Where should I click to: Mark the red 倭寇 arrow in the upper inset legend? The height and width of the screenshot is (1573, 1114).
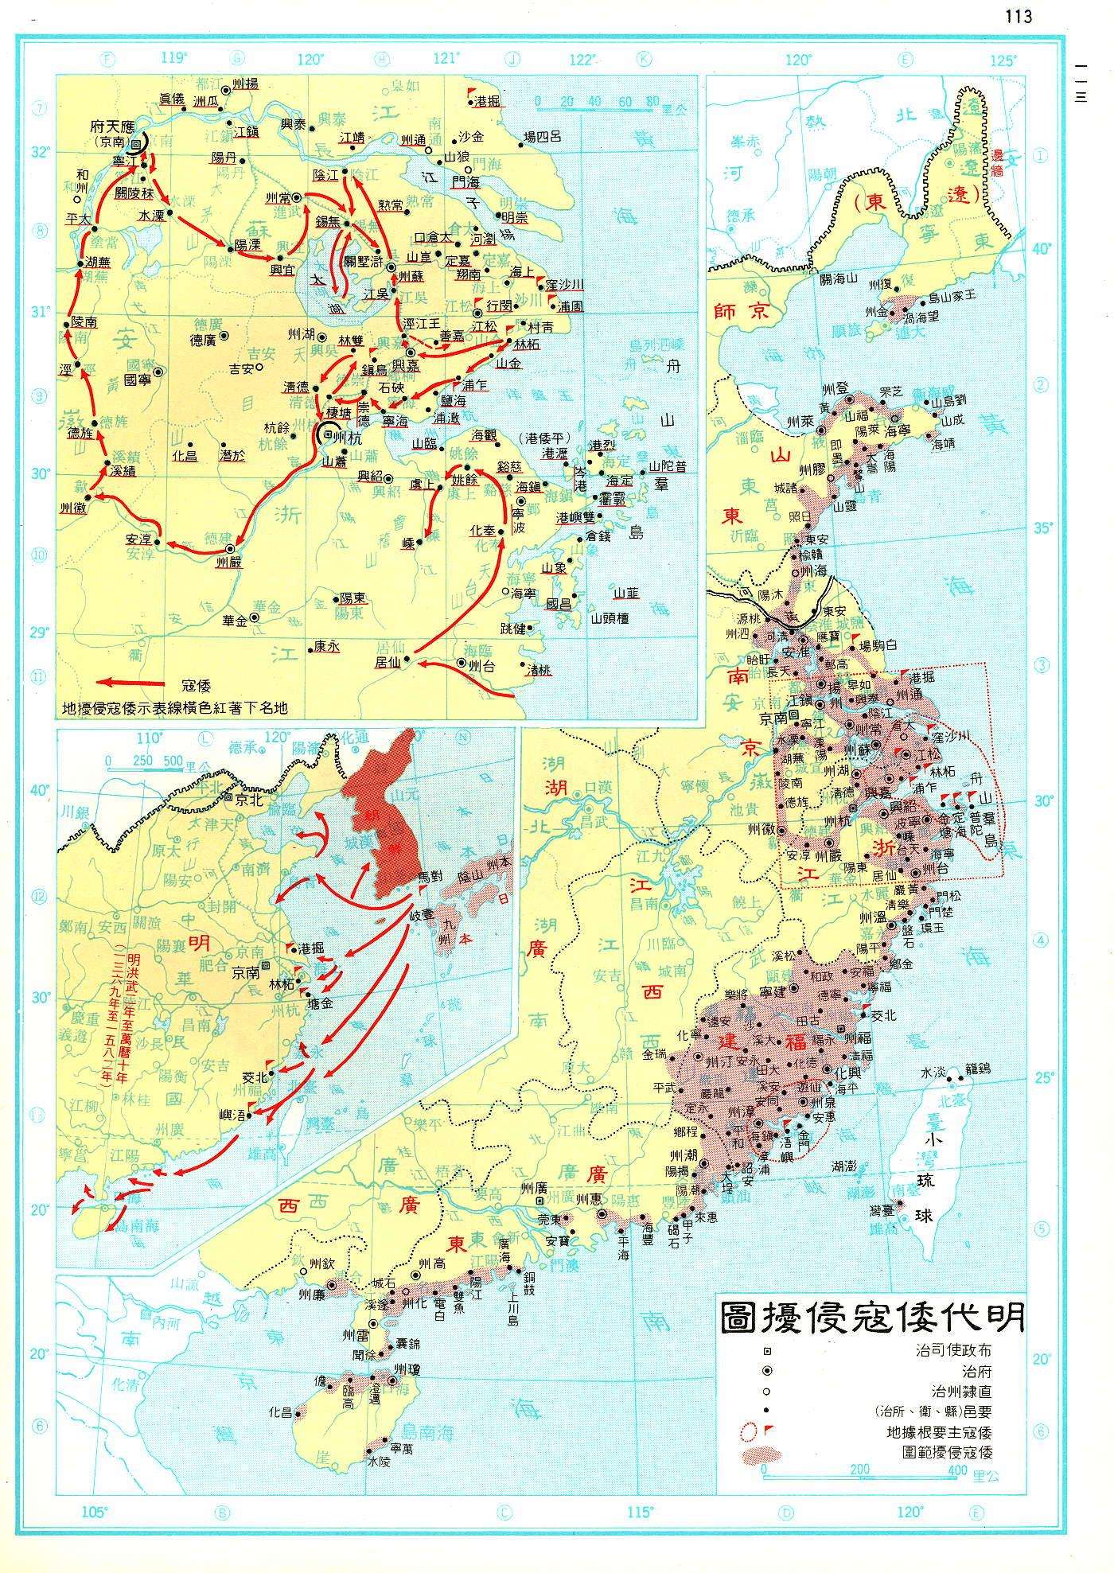[x=131, y=682]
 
